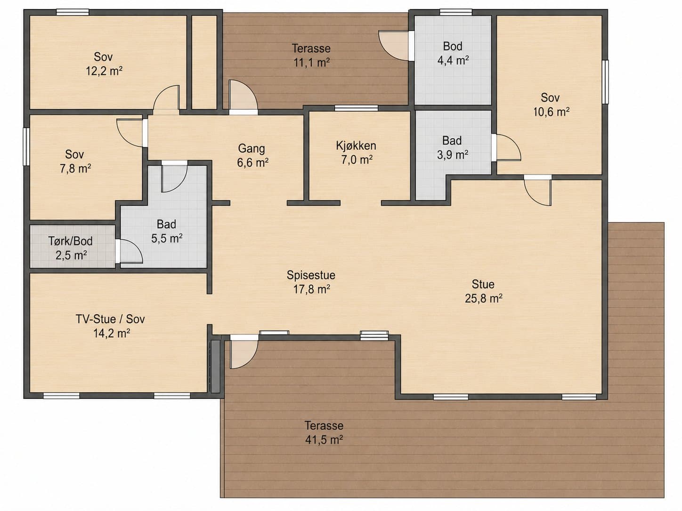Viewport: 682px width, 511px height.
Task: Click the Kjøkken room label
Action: click(x=356, y=145)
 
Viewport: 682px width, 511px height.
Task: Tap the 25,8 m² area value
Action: click(x=483, y=299)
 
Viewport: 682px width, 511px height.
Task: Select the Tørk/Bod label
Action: click(x=70, y=241)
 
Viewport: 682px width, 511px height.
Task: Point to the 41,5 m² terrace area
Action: click(x=324, y=440)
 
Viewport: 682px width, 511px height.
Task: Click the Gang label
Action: click(x=252, y=149)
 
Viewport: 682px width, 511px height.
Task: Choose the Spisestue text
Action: click(x=311, y=275)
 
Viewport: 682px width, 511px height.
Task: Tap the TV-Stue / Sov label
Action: click(x=110, y=319)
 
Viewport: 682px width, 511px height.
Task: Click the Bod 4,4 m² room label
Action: click(x=453, y=53)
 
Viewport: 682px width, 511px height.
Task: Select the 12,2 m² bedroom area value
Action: click(x=104, y=72)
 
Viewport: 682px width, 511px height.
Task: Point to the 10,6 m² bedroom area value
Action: click(x=551, y=112)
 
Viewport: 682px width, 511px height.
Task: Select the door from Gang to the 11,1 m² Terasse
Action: click(x=243, y=97)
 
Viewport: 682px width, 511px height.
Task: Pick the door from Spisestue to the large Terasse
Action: click(x=244, y=352)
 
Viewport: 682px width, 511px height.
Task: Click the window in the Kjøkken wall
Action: click(x=357, y=108)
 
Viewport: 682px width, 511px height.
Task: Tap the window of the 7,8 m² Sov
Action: click(x=26, y=147)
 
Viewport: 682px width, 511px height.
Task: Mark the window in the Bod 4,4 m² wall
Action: click(x=456, y=12)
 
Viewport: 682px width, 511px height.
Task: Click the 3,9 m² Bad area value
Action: click(x=453, y=155)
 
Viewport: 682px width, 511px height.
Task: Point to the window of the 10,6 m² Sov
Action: click(x=605, y=82)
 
